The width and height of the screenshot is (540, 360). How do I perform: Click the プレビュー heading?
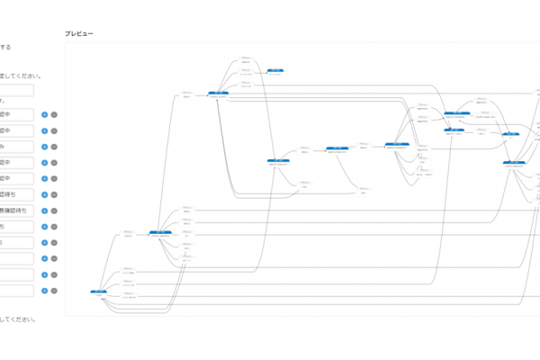(79, 33)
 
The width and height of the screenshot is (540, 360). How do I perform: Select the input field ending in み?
(16, 147)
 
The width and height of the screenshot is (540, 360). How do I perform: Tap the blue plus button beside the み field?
(44, 147)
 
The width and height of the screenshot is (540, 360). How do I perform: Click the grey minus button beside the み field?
(54, 147)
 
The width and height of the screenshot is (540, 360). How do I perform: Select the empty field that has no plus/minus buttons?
(16, 90)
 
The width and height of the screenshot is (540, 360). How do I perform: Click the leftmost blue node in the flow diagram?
(99, 292)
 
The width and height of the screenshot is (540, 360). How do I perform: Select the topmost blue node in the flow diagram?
(274, 69)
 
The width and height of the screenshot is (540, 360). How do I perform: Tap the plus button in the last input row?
(44, 291)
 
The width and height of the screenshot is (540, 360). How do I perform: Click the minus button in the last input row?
(54, 291)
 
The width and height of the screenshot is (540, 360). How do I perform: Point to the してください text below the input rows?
(18, 319)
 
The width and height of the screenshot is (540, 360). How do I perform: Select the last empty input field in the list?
(16, 291)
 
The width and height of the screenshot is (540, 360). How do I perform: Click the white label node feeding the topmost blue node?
(245, 67)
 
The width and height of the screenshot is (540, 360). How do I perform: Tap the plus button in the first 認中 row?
(44, 114)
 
